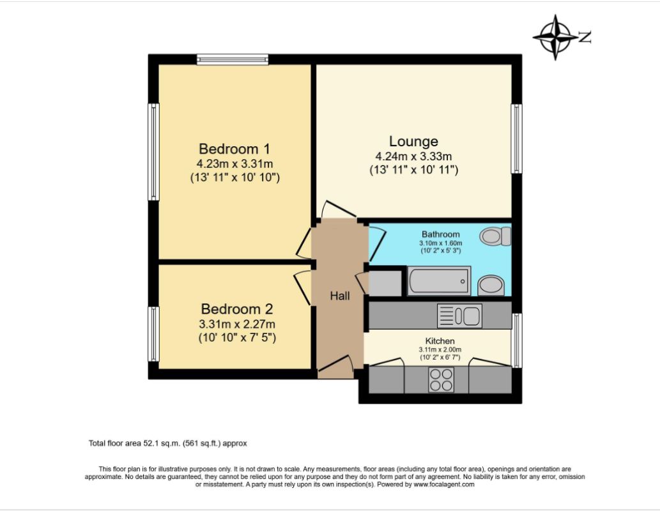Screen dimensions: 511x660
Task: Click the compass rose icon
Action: (555, 37)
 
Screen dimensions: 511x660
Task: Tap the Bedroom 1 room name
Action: (234, 148)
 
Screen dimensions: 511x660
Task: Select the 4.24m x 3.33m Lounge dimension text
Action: (413, 156)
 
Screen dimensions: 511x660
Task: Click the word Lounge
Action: (413, 141)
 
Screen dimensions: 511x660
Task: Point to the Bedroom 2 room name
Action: (236, 309)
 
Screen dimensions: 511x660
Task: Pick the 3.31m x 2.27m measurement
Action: (236, 324)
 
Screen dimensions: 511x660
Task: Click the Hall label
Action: (340, 296)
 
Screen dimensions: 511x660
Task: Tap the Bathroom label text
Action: (440, 234)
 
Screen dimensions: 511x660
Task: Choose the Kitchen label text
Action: (440, 341)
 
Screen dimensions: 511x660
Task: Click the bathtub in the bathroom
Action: (439, 281)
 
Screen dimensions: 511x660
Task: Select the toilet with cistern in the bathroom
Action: (497, 237)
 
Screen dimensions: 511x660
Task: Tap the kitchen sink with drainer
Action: (459, 316)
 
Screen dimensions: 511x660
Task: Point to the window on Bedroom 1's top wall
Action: (233, 59)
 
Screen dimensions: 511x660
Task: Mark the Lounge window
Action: (516, 139)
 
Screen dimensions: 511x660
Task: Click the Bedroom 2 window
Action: (153, 334)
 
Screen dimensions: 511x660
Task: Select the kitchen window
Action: (517, 340)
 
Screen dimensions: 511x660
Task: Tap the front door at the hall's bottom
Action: (337, 369)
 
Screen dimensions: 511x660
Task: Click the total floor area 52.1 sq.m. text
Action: (167, 443)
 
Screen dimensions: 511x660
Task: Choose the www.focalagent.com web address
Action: (444, 485)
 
